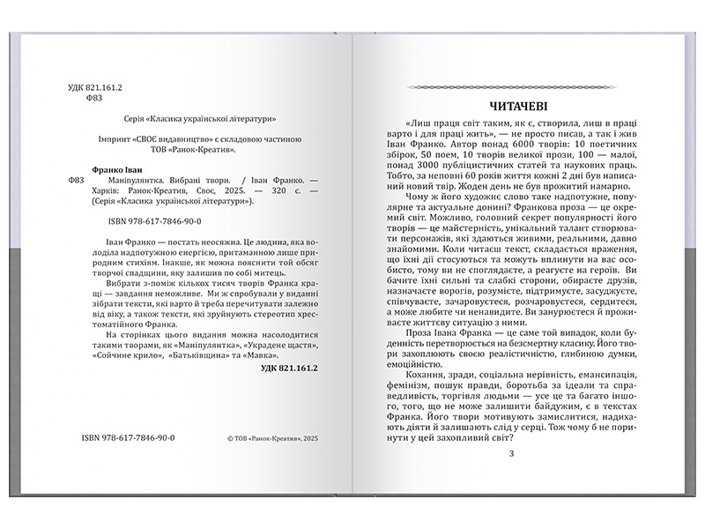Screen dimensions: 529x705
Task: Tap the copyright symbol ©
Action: pyautogui.click(x=229, y=437)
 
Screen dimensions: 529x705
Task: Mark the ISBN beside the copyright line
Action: pyautogui.click(x=128, y=437)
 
